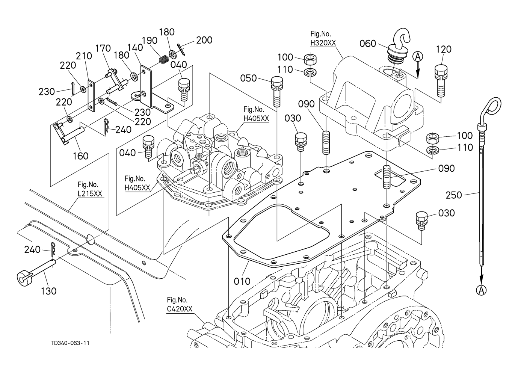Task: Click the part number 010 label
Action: point(242,281)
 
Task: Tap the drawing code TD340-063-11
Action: point(71,343)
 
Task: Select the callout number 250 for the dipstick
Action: point(454,195)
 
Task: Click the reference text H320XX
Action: point(323,43)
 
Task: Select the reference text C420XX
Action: point(180,309)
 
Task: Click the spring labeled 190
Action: point(163,59)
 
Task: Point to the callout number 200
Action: point(204,40)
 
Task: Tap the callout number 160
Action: point(80,156)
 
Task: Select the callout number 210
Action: point(84,56)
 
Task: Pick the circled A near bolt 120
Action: point(418,56)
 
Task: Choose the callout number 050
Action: point(248,78)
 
